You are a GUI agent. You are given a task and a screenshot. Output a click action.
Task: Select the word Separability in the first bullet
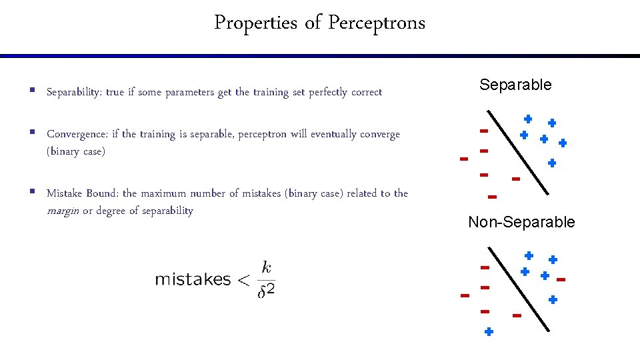click(x=74, y=92)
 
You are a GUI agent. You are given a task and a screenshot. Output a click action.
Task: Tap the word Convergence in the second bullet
click(x=77, y=134)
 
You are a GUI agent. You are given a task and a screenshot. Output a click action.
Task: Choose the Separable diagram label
click(x=515, y=85)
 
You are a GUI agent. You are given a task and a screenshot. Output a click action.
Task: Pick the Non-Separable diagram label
click(x=521, y=222)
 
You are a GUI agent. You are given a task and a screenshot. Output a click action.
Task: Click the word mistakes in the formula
click(x=193, y=279)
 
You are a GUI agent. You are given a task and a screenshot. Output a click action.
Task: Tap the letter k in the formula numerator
click(x=267, y=267)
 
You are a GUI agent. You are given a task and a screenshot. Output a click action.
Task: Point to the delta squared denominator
click(x=267, y=291)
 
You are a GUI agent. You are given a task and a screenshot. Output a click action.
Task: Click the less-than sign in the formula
click(x=243, y=280)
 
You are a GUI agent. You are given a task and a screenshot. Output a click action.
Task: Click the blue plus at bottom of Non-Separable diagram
click(x=489, y=331)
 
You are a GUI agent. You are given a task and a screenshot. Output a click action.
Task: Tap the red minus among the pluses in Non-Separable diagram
click(x=561, y=279)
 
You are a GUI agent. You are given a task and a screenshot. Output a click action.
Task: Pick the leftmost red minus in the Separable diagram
click(x=463, y=159)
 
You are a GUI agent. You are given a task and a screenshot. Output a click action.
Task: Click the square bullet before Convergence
click(x=32, y=133)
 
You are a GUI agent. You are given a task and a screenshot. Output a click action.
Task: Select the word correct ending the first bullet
click(x=365, y=92)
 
